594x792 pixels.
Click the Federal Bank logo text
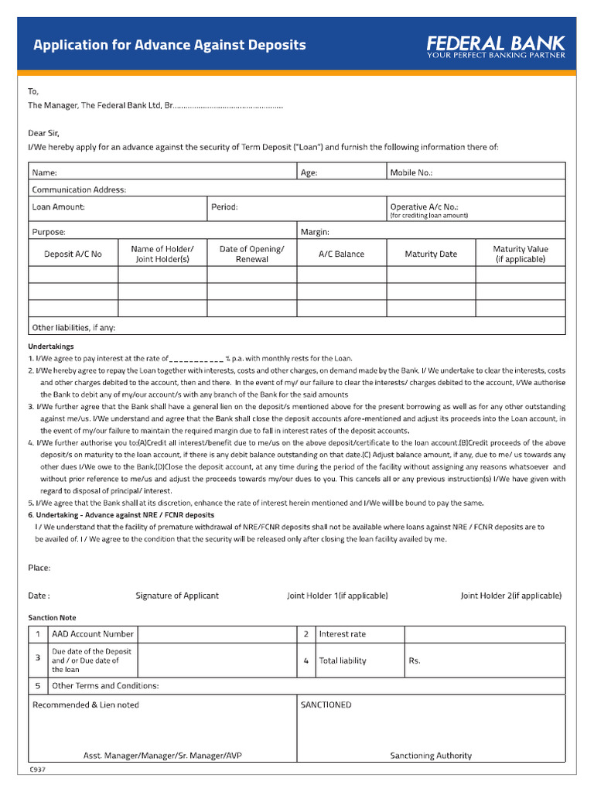497,42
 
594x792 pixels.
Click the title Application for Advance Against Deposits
169,45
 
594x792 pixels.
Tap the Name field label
44,173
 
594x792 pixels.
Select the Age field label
309,173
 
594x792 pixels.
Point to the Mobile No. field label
411,173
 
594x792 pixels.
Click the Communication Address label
79,189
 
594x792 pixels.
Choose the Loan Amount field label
59,207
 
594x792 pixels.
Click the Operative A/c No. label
424,207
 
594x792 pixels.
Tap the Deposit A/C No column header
73,254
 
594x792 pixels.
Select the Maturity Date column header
431,254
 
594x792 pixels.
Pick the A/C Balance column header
341,254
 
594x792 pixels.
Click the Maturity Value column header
521,254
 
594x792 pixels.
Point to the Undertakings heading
51,346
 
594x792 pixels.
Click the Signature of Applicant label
177,596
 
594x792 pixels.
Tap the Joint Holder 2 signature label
511,596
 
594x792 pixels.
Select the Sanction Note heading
52,618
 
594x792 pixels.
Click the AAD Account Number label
93,634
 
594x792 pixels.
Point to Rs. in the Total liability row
415,661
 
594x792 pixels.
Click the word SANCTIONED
326,705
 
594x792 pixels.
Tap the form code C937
37,770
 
